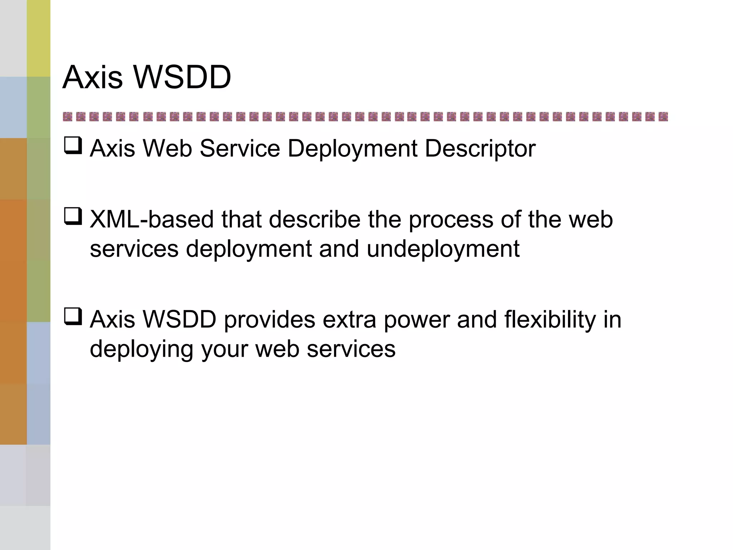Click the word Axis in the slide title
point(93,77)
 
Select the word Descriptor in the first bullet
point(480,148)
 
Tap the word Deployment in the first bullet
point(352,148)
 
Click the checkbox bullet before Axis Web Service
point(73,146)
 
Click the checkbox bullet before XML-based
point(73,216)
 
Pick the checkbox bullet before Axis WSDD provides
point(73,317)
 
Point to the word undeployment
point(443,249)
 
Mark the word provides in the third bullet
point(269,319)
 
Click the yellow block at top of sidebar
point(38,38)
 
